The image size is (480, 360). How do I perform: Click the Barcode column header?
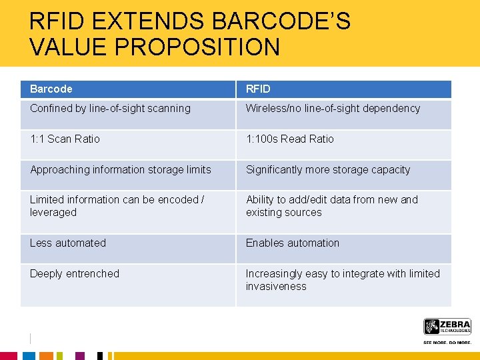(x=51, y=89)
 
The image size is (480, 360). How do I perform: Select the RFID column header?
(x=258, y=89)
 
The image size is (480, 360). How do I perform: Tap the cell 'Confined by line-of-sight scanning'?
(x=110, y=109)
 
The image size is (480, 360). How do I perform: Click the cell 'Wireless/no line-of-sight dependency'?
(x=333, y=109)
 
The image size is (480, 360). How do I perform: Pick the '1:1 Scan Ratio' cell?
(x=65, y=139)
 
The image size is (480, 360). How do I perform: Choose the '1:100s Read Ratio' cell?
(x=289, y=139)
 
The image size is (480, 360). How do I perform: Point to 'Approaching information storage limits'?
(x=120, y=170)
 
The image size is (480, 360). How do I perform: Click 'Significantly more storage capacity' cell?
(x=328, y=170)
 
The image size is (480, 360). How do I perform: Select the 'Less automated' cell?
(x=67, y=243)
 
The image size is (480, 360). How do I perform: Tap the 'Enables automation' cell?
(x=292, y=243)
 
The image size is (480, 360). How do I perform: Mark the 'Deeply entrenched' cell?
(x=74, y=274)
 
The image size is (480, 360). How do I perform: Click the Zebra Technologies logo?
(x=447, y=327)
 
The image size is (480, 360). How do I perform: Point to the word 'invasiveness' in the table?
(x=276, y=287)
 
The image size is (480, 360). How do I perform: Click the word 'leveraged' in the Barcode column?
(x=53, y=213)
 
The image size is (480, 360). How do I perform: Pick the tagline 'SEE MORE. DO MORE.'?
(x=447, y=342)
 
